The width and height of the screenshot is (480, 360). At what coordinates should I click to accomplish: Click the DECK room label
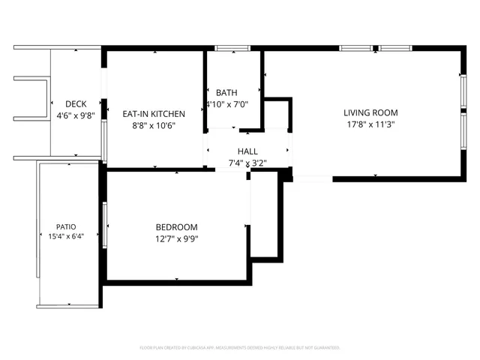coord(75,104)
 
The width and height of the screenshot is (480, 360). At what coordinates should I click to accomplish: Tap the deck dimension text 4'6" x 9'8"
coord(75,116)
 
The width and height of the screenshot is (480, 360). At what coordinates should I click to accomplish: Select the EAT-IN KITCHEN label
coord(154,114)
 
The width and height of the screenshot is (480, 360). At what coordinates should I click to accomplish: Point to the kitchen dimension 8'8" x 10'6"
coord(154,126)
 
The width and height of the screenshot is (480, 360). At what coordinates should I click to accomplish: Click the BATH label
coord(226,92)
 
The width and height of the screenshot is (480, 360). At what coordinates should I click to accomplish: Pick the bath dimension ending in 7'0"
coord(227,104)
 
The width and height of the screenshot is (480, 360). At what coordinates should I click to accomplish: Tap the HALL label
coord(247,151)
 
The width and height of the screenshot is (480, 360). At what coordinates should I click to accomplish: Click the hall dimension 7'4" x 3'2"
coord(247,163)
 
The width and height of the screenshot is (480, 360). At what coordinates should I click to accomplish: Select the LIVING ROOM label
coord(370,113)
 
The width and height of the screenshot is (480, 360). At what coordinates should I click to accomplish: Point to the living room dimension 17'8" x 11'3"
coord(370,125)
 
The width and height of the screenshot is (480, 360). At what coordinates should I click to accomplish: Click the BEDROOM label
coord(176,227)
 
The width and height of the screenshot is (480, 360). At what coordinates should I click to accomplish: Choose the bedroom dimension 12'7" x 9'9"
coord(176,239)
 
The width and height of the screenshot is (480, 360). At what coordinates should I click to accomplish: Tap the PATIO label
coord(66,226)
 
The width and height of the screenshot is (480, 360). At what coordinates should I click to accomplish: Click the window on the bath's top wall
coord(232,49)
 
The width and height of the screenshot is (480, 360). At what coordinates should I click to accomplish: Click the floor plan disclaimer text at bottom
coord(240,348)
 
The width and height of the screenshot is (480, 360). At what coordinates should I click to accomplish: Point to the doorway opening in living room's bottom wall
coord(312,178)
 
